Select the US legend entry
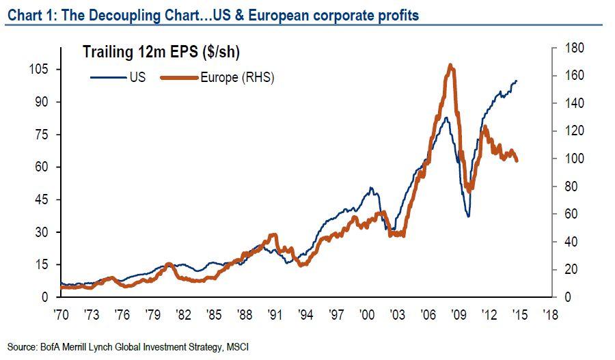136,77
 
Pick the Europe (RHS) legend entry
236,77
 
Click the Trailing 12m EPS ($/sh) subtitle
161,52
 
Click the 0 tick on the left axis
45,297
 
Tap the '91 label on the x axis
275,315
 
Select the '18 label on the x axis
551,315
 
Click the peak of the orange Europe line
450,66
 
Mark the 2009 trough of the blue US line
468,217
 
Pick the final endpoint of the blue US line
517,81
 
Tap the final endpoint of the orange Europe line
517,161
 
